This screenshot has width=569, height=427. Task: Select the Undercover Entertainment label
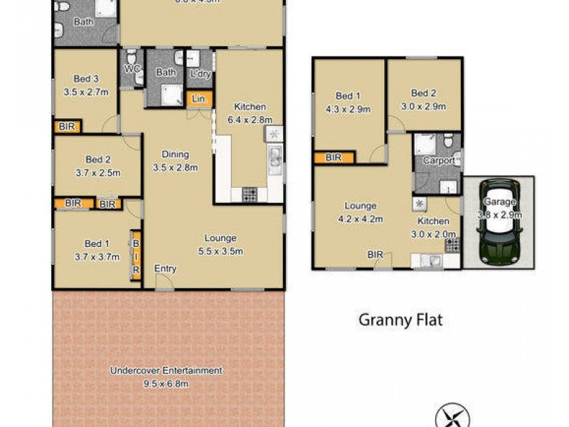[x=166, y=371]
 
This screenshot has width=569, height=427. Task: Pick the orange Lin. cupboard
[x=199, y=100]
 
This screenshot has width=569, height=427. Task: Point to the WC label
[x=130, y=69]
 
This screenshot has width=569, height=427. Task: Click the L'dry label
[x=197, y=72]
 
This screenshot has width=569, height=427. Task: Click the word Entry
[x=165, y=269]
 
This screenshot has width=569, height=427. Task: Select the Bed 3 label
[x=85, y=78]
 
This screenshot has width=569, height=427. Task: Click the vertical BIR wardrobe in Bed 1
[x=135, y=254]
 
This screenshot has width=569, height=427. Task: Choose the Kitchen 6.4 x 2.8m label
[x=250, y=107]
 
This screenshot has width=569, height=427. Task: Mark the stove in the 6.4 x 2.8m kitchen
[x=250, y=193]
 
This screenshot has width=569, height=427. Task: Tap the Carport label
[x=438, y=161]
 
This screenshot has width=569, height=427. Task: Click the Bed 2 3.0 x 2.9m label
[x=423, y=94]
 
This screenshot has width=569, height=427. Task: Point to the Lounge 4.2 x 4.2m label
[x=360, y=206]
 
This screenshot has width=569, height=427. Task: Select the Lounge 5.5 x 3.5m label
[x=220, y=238]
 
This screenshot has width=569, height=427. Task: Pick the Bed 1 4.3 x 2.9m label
[x=349, y=95]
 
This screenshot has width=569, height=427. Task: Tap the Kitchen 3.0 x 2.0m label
[x=433, y=221]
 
